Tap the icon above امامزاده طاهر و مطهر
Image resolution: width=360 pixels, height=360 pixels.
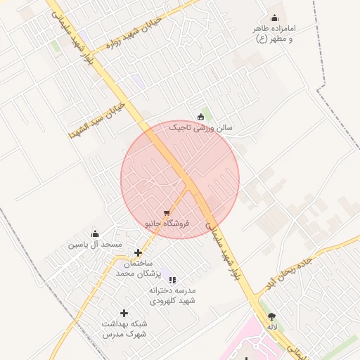(274, 18)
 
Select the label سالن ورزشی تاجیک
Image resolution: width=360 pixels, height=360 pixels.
(200, 129)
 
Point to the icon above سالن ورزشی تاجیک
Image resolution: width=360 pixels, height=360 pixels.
(200, 117)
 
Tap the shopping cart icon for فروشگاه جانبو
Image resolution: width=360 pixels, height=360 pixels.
(167, 212)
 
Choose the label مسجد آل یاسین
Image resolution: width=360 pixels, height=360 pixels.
(95, 245)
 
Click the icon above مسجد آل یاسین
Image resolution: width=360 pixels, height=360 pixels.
(95, 233)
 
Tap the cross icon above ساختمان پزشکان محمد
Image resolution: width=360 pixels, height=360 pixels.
(139, 252)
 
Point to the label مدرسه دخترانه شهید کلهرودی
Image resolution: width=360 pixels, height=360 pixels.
(172, 295)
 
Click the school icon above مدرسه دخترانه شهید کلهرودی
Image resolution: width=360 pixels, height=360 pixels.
(173, 280)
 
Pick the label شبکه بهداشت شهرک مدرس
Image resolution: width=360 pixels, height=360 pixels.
(124, 328)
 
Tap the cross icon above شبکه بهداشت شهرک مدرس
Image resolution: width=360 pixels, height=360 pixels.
(124, 313)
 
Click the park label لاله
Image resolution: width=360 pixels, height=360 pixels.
(272, 327)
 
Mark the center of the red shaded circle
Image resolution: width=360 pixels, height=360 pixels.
(180, 179)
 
